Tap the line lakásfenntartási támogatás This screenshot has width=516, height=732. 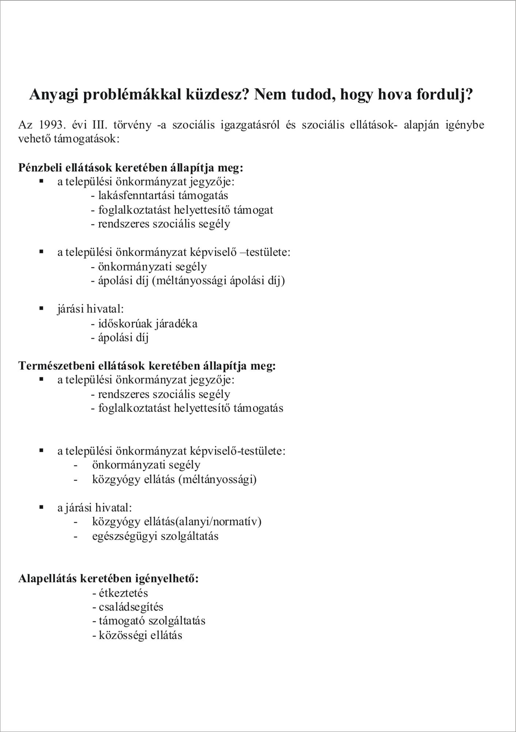click(x=160, y=195)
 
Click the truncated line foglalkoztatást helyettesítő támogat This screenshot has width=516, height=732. click(x=182, y=210)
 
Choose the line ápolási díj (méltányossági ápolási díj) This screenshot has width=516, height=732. click(x=188, y=281)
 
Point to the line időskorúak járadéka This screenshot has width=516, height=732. click(x=144, y=324)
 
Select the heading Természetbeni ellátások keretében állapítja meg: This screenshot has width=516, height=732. click(x=147, y=366)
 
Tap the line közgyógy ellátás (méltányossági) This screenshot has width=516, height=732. click(x=174, y=479)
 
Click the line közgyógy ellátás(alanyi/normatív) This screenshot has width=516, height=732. click(x=177, y=522)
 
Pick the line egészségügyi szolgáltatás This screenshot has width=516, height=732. click(x=155, y=537)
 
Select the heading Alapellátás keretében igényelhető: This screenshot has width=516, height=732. click(x=109, y=579)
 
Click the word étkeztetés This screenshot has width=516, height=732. click(x=120, y=593)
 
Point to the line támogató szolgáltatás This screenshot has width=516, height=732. click(x=149, y=621)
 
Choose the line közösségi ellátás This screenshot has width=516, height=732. click(x=137, y=635)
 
